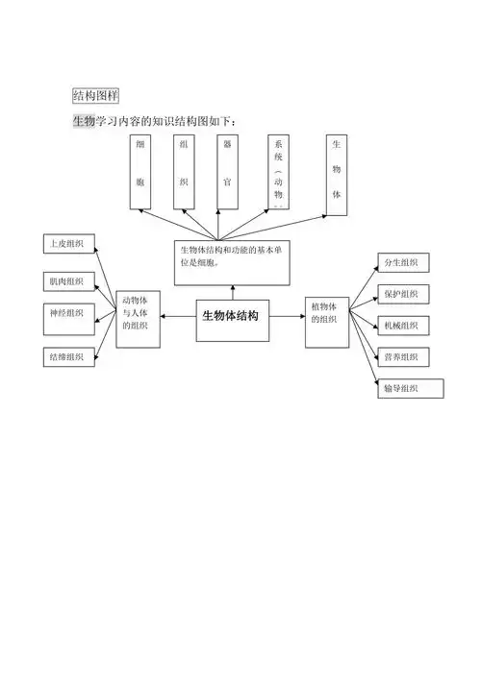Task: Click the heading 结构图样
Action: coord(95,95)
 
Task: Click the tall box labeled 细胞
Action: coord(141,171)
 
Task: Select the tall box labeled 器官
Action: coord(228,171)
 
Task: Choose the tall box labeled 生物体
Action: coord(337,171)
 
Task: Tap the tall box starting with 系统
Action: coord(279,171)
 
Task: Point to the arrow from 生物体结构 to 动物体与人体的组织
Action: coord(178,315)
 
